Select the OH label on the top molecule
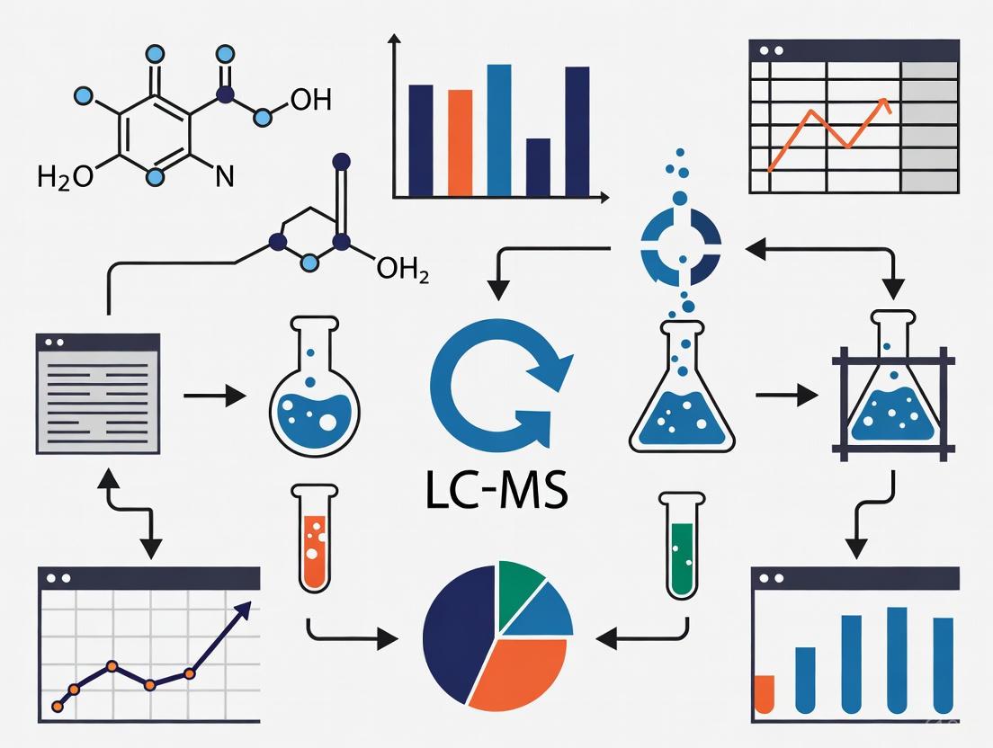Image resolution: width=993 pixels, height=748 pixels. coord(310,100)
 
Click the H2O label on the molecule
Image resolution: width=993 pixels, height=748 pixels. coord(65,176)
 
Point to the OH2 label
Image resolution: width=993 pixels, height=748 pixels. coord(401,269)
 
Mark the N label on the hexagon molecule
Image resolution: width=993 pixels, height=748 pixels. coord(224,174)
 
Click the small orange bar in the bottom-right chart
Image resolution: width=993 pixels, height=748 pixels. coord(765,692)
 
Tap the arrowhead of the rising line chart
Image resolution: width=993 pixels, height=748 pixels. coord(241,609)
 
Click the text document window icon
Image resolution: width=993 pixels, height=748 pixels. coord(97,393)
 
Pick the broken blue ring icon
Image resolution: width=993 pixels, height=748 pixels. coord(680,242)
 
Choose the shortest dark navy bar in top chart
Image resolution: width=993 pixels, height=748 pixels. coord(538,166)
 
